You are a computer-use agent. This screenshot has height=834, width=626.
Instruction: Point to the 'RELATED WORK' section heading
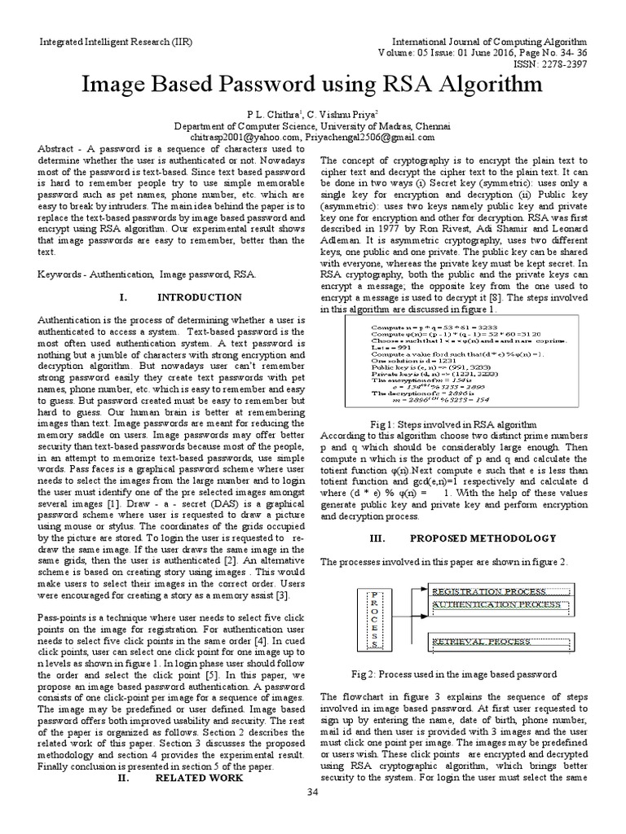[x=201, y=778]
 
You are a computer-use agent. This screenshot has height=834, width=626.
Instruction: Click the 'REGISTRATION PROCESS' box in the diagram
[x=499, y=590]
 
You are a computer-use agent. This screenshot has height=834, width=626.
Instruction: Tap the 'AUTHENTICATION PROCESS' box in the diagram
[x=499, y=605]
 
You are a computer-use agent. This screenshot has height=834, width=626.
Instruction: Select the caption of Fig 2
[x=453, y=674]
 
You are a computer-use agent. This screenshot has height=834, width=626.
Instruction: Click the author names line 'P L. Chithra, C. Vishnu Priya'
[x=312, y=115]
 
